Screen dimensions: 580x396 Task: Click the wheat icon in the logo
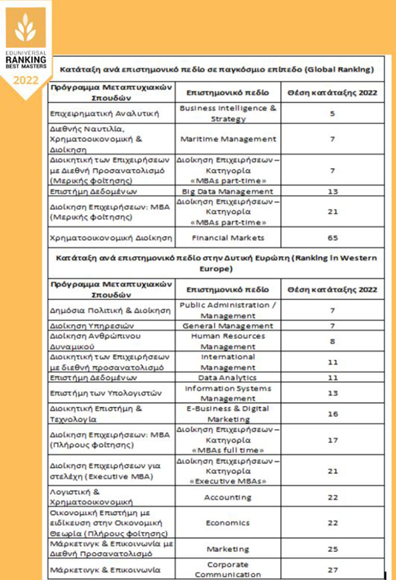pos(26,28)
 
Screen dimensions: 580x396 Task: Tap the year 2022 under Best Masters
pos(26,80)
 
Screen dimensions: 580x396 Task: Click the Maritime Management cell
pos(228,139)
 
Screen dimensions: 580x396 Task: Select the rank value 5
pos(332,113)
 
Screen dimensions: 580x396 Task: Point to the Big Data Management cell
pos(228,191)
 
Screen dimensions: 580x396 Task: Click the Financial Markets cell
pos(228,238)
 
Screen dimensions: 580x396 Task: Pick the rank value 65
pos(332,238)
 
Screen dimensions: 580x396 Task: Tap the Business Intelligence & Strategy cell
pos(228,113)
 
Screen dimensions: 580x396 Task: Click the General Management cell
pos(228,326)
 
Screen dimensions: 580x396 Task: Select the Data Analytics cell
pos(228,378)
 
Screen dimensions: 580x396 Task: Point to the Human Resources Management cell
pos(228,341)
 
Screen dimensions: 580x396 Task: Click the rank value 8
pos(332,341)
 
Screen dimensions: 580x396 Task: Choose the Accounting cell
pos(228,497)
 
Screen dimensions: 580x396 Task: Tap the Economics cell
pos(228,523)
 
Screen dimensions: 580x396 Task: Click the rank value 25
pos(332,549)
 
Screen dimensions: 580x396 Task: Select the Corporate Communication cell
pos(228,569)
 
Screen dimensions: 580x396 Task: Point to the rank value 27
pos(332,570)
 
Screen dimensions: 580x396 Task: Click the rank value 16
pos(332,414)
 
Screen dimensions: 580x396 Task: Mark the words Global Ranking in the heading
pos(339,69)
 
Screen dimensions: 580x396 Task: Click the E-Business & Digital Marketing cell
pos(228,414)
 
